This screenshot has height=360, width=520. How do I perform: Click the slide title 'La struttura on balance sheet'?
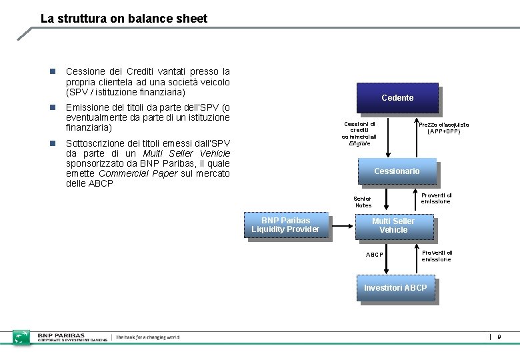pyautogui.click(x=123, y=19)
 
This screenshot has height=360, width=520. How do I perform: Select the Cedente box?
pyautogui.click(x=397, y=98)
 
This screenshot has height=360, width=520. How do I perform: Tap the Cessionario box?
pyautogui.click(x=397, y=171)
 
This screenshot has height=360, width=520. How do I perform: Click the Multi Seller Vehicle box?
pyautogui.click(x=393, y=225)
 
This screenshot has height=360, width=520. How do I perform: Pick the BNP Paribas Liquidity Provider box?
pyautogui.click(x=285, y=225)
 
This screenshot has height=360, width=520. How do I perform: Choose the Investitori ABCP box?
pyautogui.click(x=395, y=288)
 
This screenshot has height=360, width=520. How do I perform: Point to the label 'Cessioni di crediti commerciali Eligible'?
pyautogui.click(x=359, y=133)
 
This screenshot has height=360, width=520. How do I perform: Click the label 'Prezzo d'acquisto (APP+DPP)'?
pyautogui.click(x=443, y=128)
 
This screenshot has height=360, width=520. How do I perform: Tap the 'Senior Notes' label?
pyautogui.click(x=363, y=201)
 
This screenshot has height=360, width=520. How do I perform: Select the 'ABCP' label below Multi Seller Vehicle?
pyautogui.click(x=375, y=255)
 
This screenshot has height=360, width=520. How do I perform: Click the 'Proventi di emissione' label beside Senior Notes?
pyautogui.click(x=436, y=198)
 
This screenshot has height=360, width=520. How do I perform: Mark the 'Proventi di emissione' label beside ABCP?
pyautogui.click(x=437, y=256)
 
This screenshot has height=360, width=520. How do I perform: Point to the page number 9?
pyautogui.click(x=500, y=337)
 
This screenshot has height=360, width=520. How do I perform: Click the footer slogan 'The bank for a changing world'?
pyautogui.click(x=147, y=337)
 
